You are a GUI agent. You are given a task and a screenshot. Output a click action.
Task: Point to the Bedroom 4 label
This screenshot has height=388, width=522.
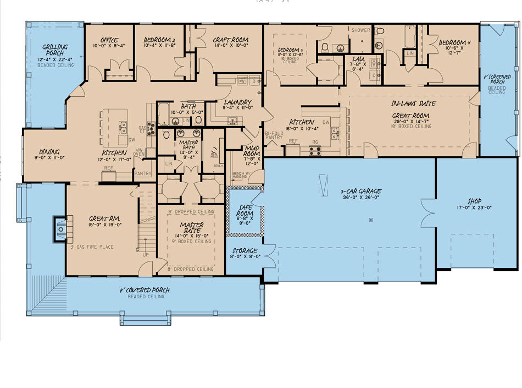click(455, 42)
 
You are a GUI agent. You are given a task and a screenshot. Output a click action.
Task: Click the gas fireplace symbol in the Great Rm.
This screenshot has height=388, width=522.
click(60, 227)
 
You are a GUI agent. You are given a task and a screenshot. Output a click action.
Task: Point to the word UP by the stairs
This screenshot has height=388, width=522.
click(145, 255)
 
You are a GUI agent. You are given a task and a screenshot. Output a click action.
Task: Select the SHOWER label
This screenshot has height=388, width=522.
click(360, 30)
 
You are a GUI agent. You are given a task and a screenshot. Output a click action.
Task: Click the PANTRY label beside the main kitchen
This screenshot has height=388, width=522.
click(142, 174)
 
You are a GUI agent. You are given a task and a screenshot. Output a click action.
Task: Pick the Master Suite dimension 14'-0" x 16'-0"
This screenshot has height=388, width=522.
click(191, 235)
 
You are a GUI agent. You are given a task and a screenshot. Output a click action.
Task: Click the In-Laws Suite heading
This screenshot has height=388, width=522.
click(413, 103)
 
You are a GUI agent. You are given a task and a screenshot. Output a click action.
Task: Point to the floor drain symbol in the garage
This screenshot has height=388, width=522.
click(371, 220)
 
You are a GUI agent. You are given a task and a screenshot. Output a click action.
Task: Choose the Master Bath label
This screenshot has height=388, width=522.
click(189, 146)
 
